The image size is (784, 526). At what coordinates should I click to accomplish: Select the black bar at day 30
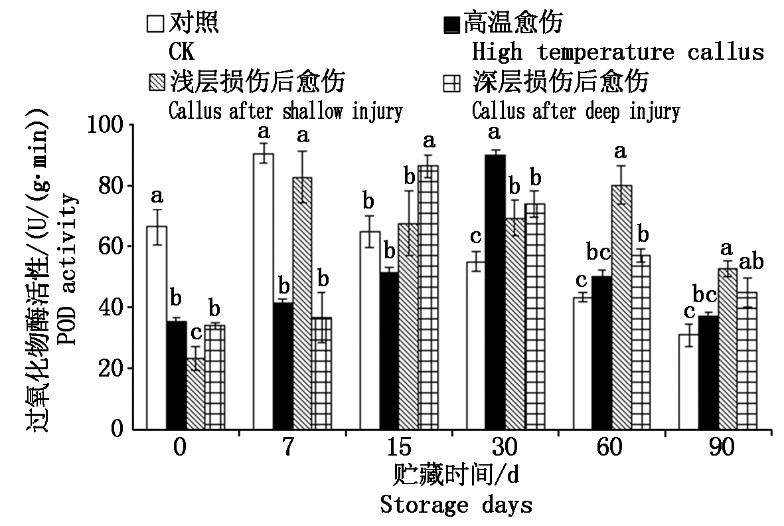pos(494,292)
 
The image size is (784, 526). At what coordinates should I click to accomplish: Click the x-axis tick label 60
pos(611,447)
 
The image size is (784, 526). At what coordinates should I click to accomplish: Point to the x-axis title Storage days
pos(456,505)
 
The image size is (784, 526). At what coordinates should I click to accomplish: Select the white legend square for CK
pos(155,25)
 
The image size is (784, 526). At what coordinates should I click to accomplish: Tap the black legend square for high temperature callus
pos(451,25)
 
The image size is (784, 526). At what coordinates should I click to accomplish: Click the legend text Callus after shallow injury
pos(285,111)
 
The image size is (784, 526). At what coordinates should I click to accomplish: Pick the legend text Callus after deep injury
pos(576,111)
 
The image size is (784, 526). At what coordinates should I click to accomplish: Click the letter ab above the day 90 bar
pos(749,262)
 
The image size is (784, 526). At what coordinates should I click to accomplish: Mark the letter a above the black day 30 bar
pos(494,132)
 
